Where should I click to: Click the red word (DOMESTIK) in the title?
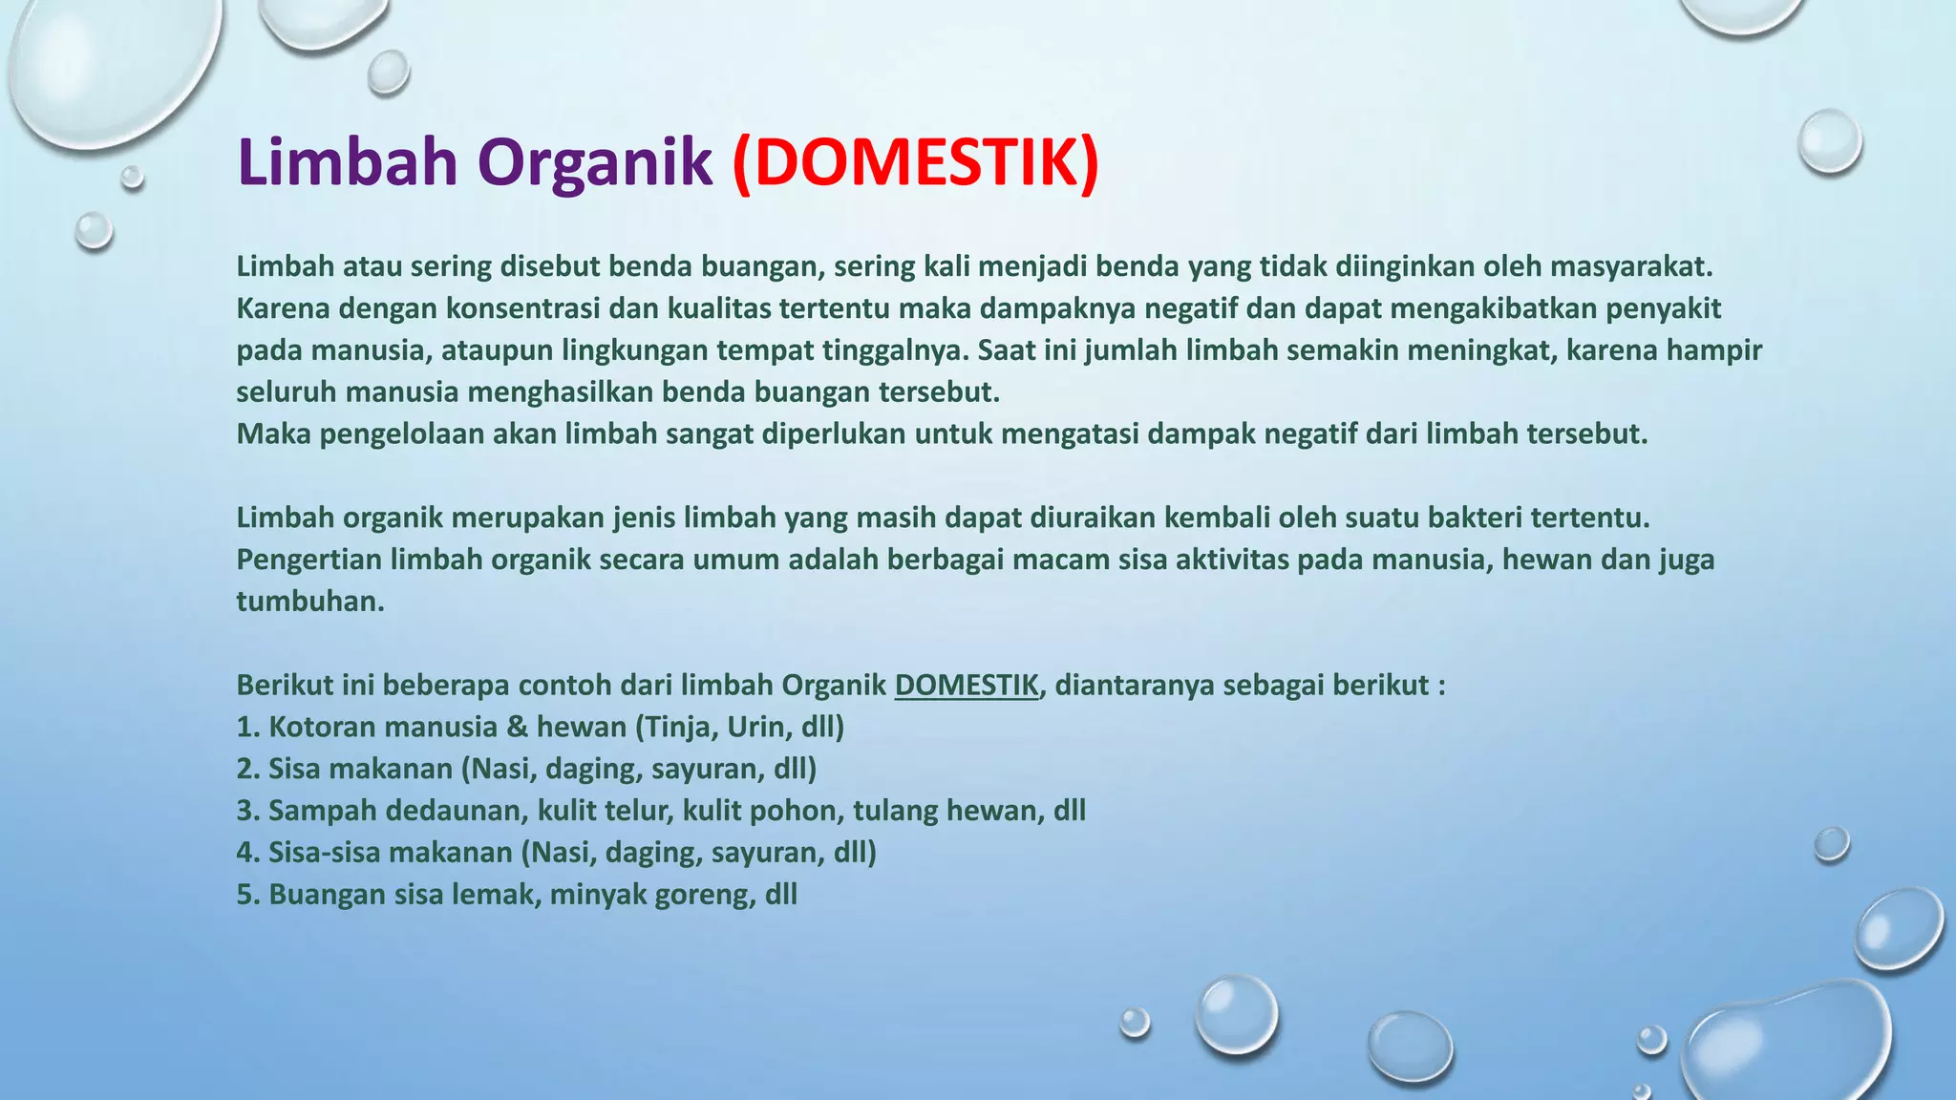916,162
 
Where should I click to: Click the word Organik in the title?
594,162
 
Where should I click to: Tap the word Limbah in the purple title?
348,162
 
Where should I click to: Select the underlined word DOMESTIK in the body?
966,685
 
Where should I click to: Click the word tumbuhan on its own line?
309,601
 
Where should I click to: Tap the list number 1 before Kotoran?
246,727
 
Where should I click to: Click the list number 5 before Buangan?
246,895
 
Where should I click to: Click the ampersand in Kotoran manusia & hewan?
517,727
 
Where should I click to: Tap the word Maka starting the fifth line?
273,434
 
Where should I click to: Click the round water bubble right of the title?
1829,141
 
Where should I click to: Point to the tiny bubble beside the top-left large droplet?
133,177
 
